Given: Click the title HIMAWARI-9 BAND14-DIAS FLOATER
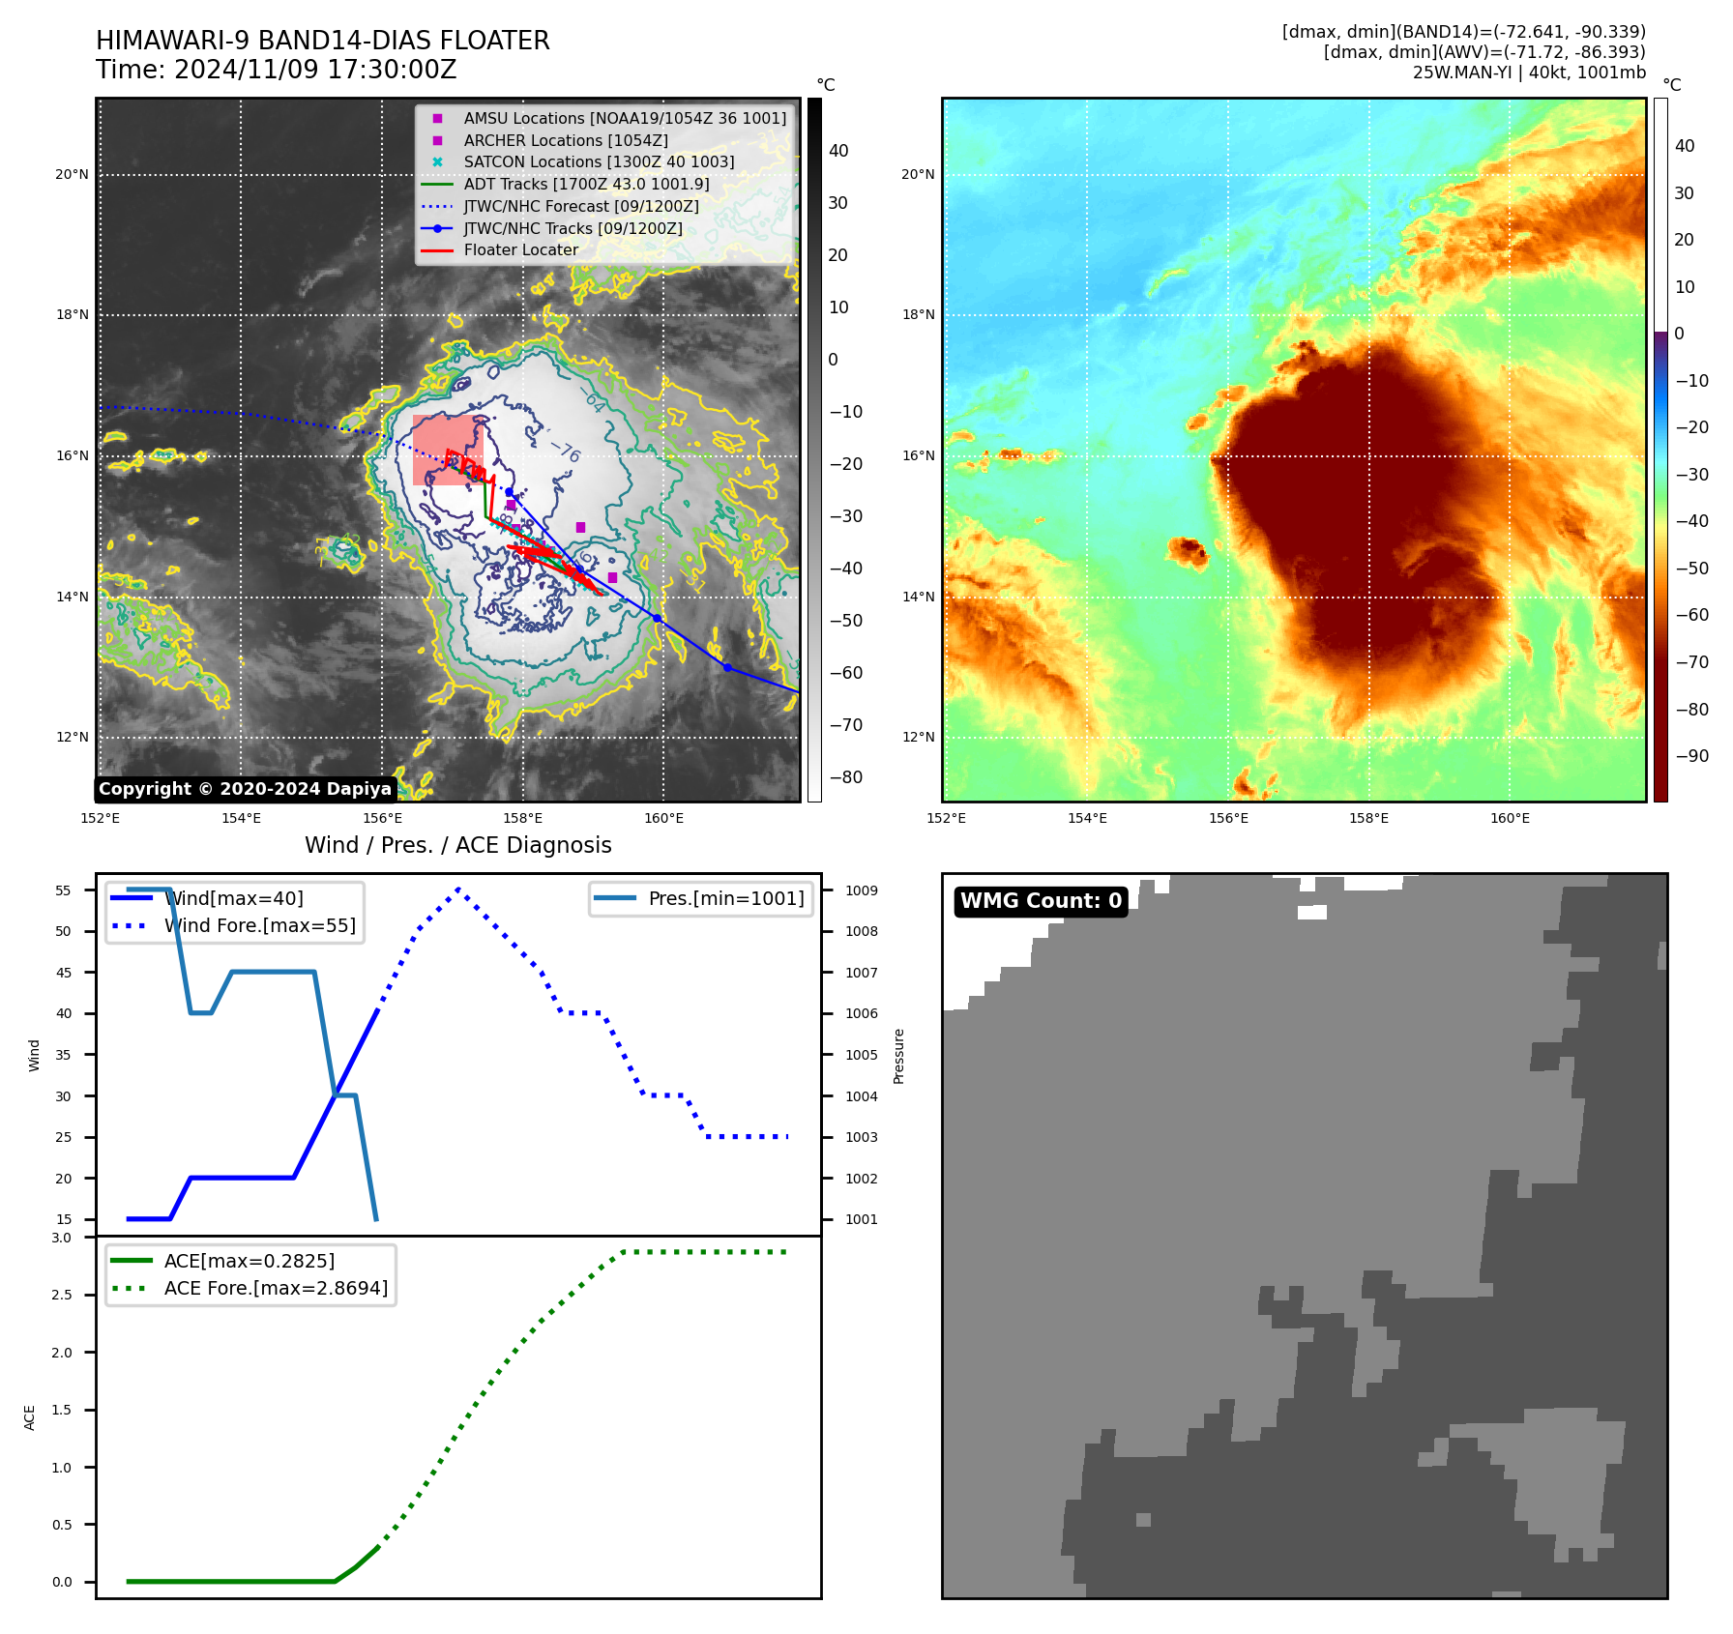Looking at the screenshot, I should [322, 41].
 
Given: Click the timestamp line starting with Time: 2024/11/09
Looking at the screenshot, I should [276, 70].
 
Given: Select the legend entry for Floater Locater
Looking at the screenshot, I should [520, 249].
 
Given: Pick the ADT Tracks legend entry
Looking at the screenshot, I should [586, 184].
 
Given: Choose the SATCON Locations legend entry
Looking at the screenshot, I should [599, 161].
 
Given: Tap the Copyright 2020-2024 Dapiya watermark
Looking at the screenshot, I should [245, 789].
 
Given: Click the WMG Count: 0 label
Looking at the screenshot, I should [1041, 901].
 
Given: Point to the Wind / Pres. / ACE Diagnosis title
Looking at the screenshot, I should [457, 845].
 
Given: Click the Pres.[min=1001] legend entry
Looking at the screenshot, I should [725, 898].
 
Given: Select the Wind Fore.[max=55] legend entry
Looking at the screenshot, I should [259, 925].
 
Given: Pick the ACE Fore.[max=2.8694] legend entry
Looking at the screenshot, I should [276, 1288].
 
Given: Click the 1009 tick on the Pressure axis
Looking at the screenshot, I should [862, 890].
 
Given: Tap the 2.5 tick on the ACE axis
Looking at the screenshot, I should [62, 1295].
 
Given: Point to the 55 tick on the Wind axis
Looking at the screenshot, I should [64, 890].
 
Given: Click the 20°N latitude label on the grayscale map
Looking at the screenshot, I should [73, 175].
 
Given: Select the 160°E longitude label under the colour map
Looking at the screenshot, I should [1510, 818].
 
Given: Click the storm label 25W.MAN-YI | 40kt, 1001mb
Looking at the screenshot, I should [1529, 73].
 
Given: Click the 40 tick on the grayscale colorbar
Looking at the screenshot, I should [838, 151].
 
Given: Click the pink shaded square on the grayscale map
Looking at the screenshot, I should [447, 450].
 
